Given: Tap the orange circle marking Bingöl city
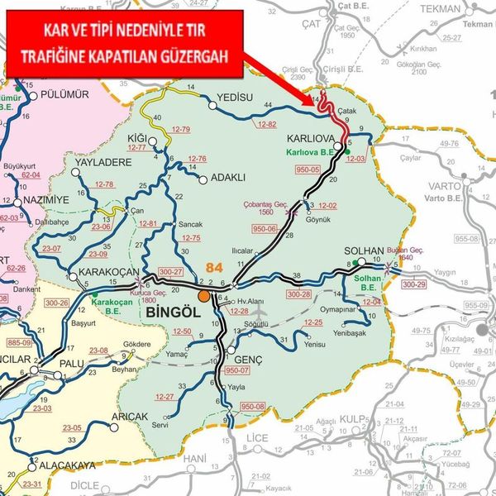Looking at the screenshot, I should coord(203,295).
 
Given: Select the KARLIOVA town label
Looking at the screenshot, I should coord(311,139).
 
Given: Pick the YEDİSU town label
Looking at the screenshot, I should coord(233,98).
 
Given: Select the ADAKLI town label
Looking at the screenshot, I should coord(229,177).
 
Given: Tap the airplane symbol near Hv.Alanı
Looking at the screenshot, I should coord(262,315).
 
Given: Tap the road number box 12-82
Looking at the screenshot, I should coord(266,124).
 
